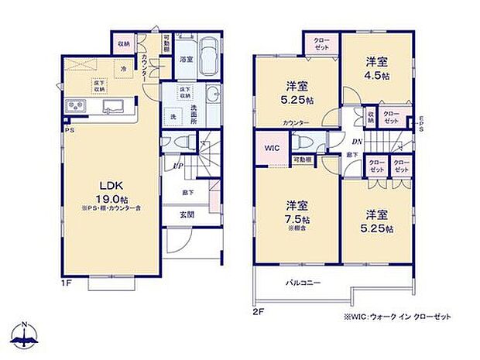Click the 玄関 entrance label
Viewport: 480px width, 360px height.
(189, 214)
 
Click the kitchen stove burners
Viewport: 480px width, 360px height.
(77, 107)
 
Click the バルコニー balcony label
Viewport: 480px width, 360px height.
(307, 284)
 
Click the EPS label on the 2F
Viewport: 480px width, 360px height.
(421, 125)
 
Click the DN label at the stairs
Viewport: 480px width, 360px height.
(357, 142)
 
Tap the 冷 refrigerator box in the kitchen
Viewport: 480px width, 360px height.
(122, 69)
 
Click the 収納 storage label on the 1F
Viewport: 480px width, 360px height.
(124, 44)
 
